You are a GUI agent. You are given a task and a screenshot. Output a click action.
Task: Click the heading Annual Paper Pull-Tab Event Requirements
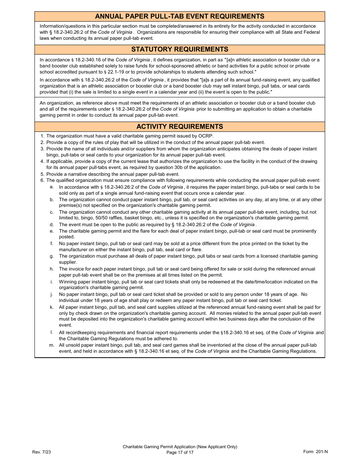tap(180, 16)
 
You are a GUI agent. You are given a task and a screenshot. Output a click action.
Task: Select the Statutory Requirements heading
tap(180, 49)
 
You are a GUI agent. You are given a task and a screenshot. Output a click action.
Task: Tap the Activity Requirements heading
tap(180, 127)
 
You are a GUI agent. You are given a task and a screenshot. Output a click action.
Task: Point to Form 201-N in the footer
tap(315, 452)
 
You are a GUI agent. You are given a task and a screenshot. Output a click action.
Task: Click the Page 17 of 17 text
tap(180, 452)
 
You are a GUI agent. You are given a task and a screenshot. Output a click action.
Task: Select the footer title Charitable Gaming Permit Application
tap(180, 447)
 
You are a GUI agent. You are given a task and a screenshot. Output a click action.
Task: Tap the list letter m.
tap(52, 345)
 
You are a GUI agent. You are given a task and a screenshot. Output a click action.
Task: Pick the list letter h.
tap(52, 269)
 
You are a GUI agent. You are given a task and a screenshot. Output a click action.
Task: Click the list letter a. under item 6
tap(52, 187)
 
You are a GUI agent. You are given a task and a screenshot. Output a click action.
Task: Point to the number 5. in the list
tap(42, 174)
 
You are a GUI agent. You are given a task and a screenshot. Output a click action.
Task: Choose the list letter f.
tap(52, 244)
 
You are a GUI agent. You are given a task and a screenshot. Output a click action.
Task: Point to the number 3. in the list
tap(42, 149)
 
